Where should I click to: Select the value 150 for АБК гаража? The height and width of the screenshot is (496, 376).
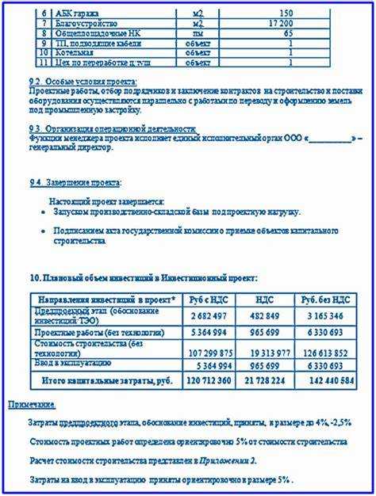tap(286, 13)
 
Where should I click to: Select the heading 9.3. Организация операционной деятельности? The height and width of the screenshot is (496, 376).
tap(112, 128)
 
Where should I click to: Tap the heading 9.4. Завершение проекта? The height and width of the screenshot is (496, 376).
tap(76, 182)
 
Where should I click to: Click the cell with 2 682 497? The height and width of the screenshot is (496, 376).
tap(209, 315)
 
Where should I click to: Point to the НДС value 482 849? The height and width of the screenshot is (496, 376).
tap(265, 315)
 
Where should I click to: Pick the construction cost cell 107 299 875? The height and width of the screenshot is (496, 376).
tap(209, 353)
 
